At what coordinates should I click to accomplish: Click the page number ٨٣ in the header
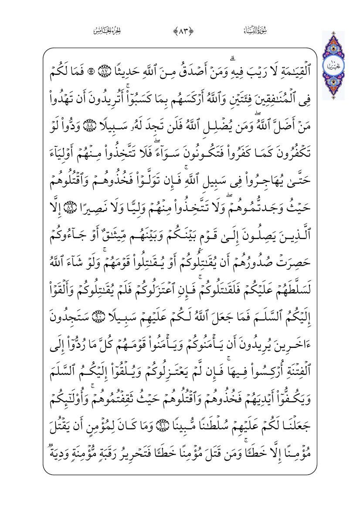(180, 30)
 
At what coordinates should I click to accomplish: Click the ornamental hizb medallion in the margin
(333, 66)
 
